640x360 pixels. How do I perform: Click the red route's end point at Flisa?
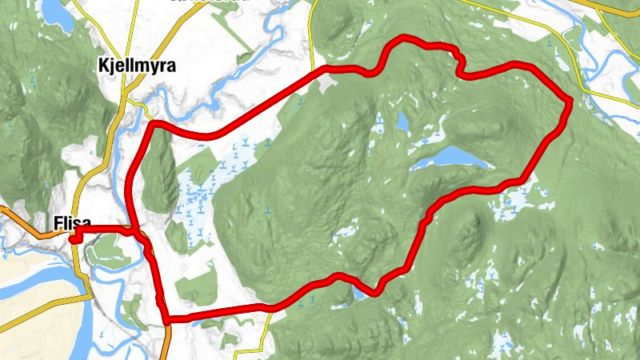73,237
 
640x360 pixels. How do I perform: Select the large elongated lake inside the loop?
452,158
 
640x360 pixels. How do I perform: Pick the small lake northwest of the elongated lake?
402,122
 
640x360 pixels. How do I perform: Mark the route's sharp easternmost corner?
569,101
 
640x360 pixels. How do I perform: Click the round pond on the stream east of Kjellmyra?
214,105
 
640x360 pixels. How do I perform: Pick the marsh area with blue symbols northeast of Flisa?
196,192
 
